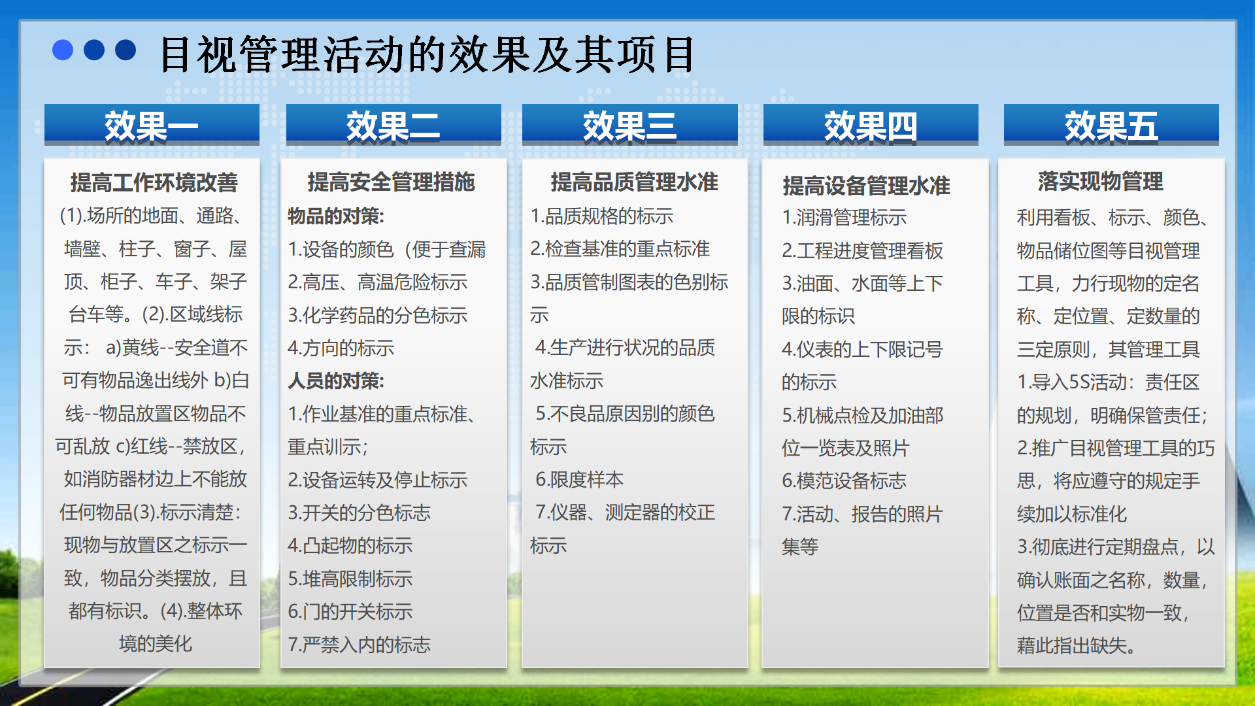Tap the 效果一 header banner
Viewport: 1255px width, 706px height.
coord(152,124)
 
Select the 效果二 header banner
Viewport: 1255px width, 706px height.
coord(393,124)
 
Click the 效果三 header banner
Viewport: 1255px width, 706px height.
coord(630,124)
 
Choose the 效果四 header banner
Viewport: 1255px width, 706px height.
coord(871,124)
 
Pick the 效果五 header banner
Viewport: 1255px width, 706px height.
coord(1111,124)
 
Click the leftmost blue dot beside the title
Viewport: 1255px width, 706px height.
coord(63,50)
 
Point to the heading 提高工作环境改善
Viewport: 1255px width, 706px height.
coord(154,182)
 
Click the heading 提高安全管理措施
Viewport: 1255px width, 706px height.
coord(392,182)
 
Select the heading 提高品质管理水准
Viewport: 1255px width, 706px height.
coord(634,182)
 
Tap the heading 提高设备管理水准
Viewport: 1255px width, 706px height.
coord(866,186)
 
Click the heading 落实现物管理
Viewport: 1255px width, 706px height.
coord(1101,181)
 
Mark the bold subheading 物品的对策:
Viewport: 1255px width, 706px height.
coord(336,216)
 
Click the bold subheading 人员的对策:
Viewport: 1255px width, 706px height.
coord(336,381)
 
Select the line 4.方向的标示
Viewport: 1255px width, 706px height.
coord(341,348)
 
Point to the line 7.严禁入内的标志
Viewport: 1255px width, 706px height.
coord(360,645)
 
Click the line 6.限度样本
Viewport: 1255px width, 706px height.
coord(580,479)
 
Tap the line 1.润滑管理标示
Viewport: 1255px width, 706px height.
coord(845,217)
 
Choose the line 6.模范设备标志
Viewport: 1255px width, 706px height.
coord(845,480)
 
